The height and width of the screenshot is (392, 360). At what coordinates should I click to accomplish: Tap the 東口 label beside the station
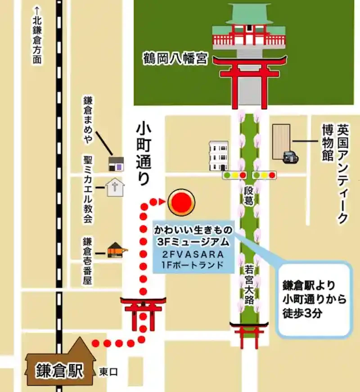[108, 372]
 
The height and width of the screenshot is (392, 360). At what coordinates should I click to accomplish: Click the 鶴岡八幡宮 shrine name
[176, 59]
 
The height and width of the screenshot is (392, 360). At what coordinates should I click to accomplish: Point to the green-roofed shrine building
[249, 27]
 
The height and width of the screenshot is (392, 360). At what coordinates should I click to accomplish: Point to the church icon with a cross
[115, 187]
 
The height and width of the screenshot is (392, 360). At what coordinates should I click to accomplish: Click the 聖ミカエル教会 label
[87, 189]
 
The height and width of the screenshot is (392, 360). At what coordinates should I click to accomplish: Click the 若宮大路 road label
[249, 288]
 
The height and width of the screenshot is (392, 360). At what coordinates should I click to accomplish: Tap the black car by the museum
[289, 156]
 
